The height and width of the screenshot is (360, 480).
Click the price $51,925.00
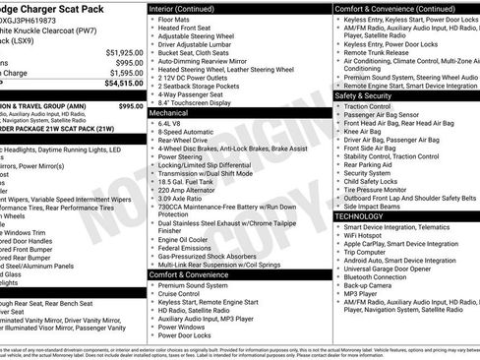coord(124,52)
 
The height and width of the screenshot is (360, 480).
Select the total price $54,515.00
coord(124,85)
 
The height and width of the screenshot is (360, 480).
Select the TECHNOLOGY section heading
coord(360,215)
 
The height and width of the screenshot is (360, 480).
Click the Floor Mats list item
coord(176,18)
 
